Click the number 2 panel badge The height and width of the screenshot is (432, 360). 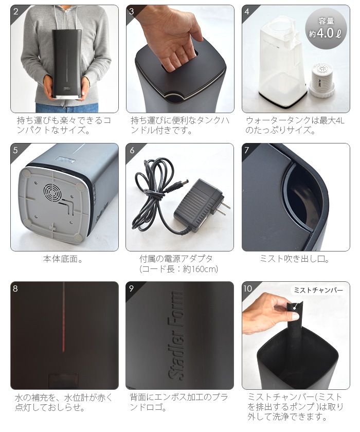click(x=16, y=11)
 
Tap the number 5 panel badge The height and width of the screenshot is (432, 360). click(x=16, y=150)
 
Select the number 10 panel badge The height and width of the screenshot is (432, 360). click(x=248, y=288)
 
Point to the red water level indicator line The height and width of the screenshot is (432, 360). click(x=63, y=319)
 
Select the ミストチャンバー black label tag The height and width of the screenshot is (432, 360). click(x=317, y=290)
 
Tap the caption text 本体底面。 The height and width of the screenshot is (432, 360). click(x=63, y=259)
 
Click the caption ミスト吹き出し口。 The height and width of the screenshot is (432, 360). click(x=295, y=259)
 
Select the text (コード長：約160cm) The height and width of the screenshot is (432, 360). click(x=179, y=269)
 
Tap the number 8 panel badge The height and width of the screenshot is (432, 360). click(x=16, y=288)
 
